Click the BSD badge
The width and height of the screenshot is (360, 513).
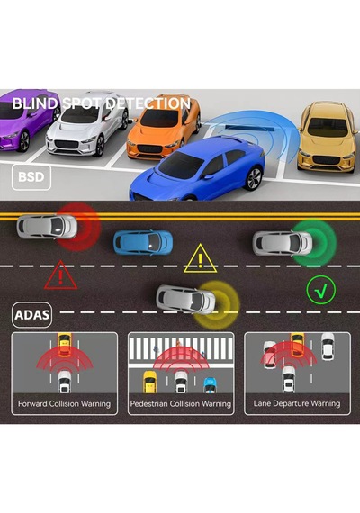click(x=31, y=177)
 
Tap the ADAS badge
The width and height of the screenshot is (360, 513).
click(x=31, y=315)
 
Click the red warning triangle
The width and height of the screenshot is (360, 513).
click(x=61, y=275)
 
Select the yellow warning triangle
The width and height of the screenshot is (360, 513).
click(x=201, y=258)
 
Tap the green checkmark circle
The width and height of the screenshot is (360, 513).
click(x=321, y=290)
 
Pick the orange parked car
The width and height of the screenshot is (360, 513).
click(x=164, y=130)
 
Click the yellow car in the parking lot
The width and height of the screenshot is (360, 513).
click(x=328, y=137)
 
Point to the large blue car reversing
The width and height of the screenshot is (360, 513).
click(x=197, y=169)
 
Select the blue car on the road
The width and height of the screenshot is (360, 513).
click(x=143, y=242)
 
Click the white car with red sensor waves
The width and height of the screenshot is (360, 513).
click(x=47, y=227)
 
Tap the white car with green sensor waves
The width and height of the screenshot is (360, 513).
click(x=283, y=243)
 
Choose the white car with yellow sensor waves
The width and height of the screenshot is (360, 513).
click(x=186, y=300)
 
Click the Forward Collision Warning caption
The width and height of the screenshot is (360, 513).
click(x=64, y=404)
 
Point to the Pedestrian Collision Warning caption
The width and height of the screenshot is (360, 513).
click(x=181, y=404)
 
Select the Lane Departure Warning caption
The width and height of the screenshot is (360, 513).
click(x=297, y=403)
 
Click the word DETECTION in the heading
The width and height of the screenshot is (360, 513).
click(x=148, y=103)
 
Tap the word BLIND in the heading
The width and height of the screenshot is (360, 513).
click(x=35, y=103)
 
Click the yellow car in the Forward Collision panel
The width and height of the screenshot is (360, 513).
click(x=65, y=345)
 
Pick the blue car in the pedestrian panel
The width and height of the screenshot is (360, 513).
click(x=210, y=385)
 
